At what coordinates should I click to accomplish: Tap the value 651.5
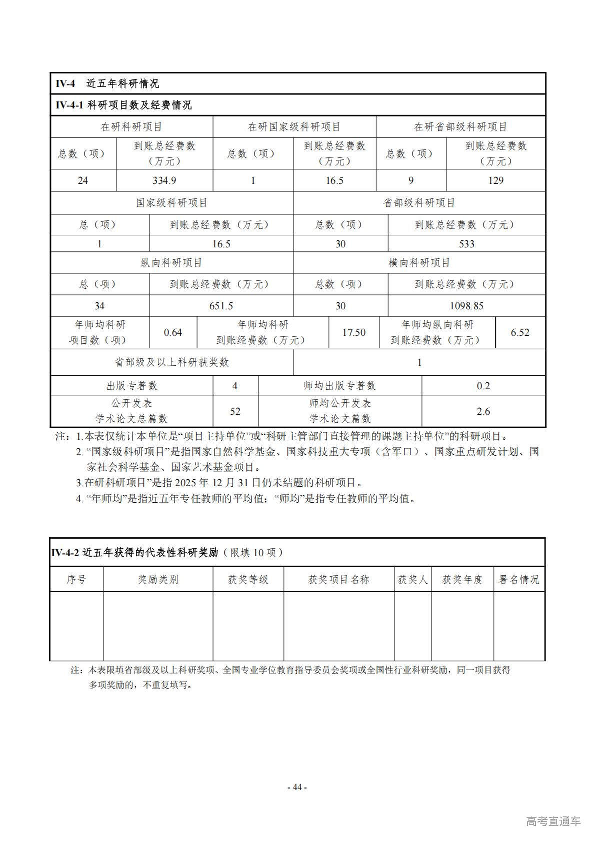tap(221, 306)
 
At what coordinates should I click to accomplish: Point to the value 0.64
tap(173, 332)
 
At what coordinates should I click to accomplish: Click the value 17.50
tap(353, 332)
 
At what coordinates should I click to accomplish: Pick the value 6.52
tap(520, 332)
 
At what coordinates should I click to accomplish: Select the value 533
tap(466, 244)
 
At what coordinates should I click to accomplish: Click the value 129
tap(495, 180)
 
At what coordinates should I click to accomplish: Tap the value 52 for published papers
tap(235, 411)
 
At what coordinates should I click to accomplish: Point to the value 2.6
tap(483, 411)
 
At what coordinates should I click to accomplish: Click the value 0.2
tap(483, 386)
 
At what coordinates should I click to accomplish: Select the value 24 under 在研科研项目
tap(83, 180)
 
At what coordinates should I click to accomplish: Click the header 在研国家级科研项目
tap(294, 127)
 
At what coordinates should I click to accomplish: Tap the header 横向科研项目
tap(419, 263)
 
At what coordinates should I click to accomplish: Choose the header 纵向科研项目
tap(171, 263)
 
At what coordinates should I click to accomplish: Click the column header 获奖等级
tap(248, 580)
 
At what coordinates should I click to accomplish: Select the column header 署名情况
tap(519, 580)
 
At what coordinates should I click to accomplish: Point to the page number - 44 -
tap(297, 787)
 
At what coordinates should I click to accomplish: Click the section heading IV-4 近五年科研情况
tap(107, 83)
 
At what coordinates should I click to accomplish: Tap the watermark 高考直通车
tap(553, 821)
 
